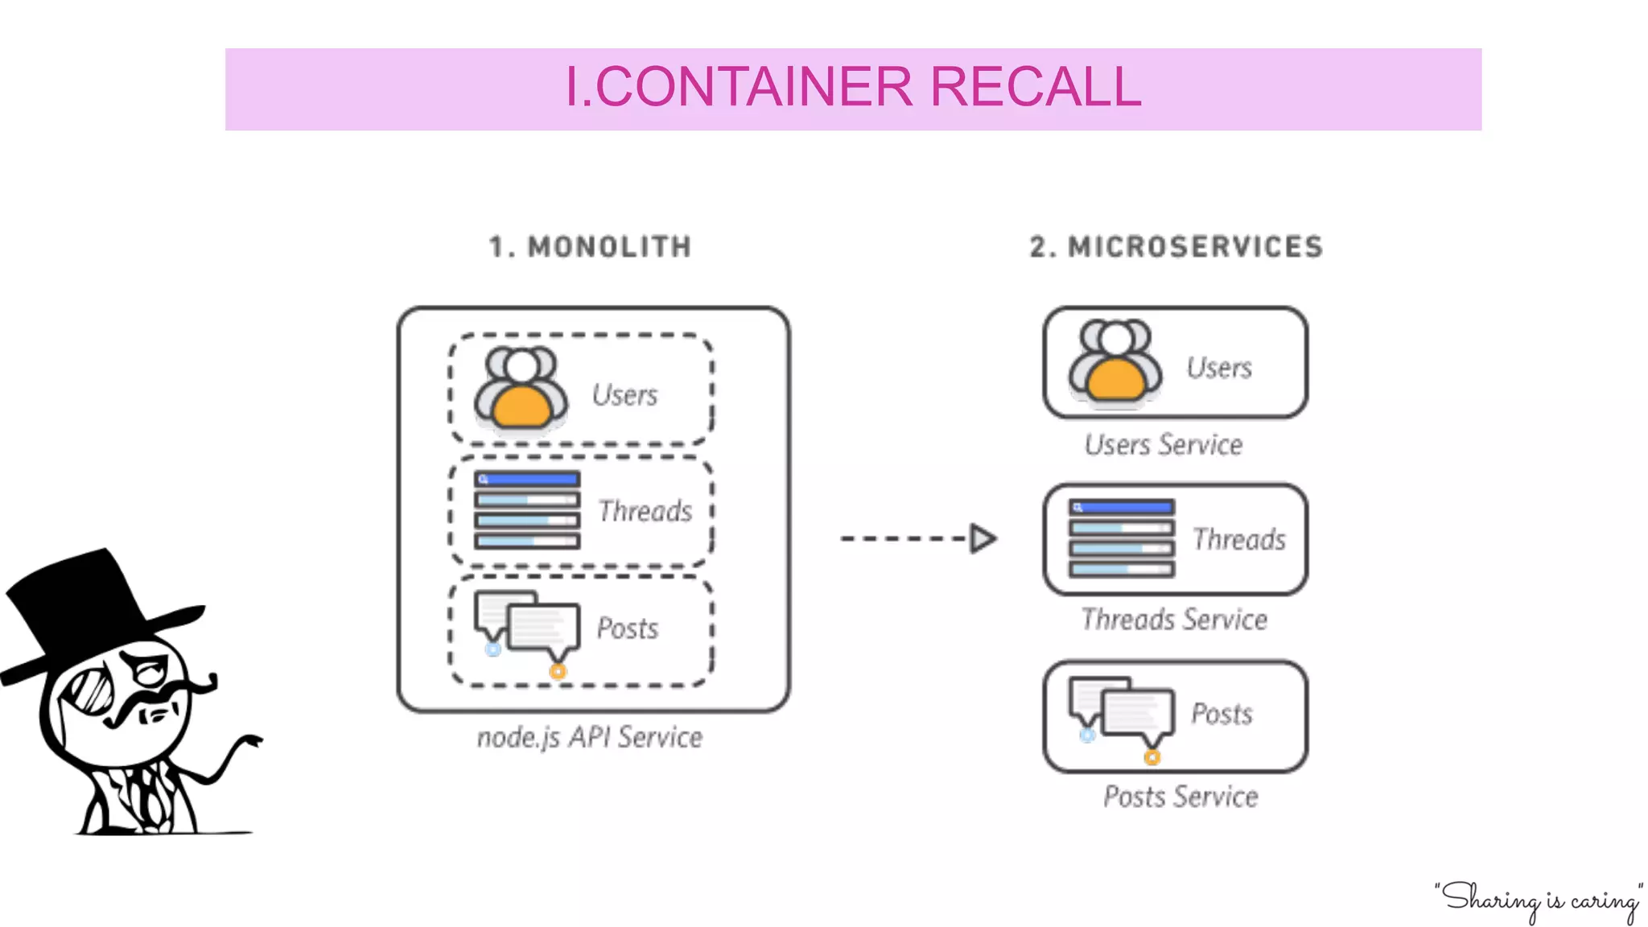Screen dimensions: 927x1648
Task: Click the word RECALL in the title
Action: pos(1035,87)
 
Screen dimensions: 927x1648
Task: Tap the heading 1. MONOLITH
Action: pos(590,247)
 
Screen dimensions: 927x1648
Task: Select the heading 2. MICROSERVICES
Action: pos(1176,247)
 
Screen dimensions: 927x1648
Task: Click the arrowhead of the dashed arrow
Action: pos(983,538)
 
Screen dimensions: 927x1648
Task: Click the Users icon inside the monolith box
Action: pos(521,388)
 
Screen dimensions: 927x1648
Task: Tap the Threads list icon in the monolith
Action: pos(527,510)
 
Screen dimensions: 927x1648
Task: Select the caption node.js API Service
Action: pos(589,737)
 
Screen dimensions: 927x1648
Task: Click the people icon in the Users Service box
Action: pos(1115,361)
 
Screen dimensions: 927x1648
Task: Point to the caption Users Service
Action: pos(1163,445)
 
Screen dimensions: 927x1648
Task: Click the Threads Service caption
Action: pos(1173,620)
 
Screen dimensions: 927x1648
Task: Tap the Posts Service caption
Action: pos(1180,797)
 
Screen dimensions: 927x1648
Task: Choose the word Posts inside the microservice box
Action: pos(1222,714)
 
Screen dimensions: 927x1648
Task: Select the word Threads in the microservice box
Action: pos(1238,539)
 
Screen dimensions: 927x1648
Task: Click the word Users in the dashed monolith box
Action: pos(624,395)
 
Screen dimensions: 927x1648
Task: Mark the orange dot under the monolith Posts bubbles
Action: pos(558,671)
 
